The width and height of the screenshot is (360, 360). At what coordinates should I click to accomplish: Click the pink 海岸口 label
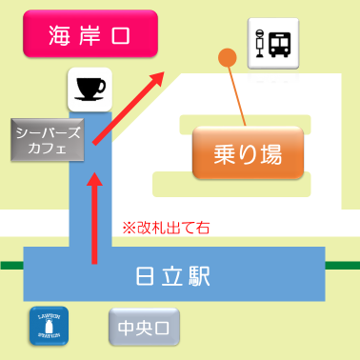pos(89,37)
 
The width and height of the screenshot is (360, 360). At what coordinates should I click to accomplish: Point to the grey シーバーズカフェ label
pos(48,139)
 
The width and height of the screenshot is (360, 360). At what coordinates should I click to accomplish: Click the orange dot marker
pos(227,57)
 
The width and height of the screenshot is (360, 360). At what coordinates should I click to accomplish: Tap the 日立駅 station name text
pos(171,277)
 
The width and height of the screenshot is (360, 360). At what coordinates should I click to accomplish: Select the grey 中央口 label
pos(130,330)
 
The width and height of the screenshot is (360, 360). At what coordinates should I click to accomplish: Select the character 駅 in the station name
pos(198,277)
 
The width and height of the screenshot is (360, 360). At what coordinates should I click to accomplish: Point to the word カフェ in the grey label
pos(48,148)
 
